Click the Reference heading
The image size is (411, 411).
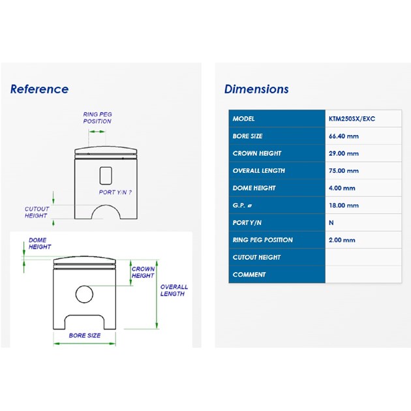[39, 89]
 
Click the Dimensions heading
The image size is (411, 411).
[256, 89]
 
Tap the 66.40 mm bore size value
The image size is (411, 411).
[344, 136]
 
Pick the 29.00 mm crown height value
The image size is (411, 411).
[344, 153]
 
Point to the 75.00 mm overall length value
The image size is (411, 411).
[344, 171]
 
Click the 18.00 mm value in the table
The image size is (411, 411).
[344, 205]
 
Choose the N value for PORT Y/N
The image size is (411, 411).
[331, 223]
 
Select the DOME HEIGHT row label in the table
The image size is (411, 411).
[254, 188]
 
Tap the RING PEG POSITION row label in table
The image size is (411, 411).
[263, 240]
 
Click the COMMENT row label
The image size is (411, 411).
[249, 275]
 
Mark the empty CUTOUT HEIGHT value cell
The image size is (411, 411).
[363, 257]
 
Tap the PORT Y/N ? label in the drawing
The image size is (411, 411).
[115, 192]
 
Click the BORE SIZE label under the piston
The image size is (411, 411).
[85, 335]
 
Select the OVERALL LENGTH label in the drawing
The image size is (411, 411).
[174, 290]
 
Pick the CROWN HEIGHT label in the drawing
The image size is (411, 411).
[143, 272]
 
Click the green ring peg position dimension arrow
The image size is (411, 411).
[97, 132]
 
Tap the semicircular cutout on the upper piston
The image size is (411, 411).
[106, 205]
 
